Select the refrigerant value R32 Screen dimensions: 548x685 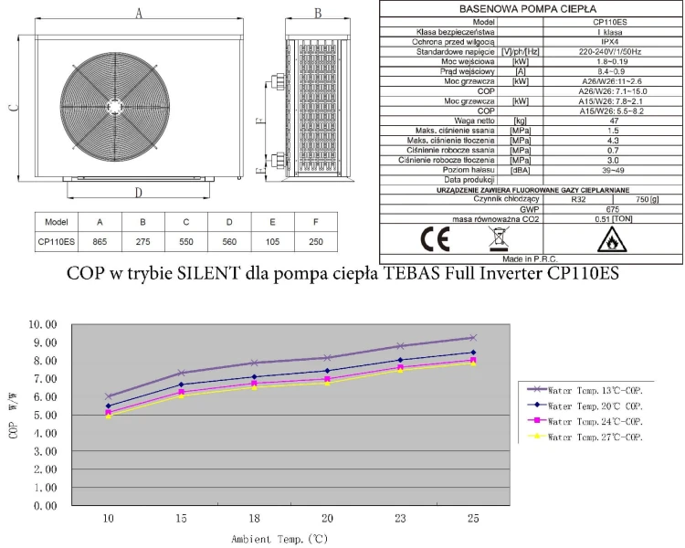coord(577,198)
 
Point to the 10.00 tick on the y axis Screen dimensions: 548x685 coord(44,324)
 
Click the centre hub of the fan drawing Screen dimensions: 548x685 coord(112,100)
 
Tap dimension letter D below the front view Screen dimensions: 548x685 coord(137,193)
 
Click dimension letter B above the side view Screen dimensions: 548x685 coord(317,12)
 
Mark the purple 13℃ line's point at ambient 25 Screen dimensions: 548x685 coord(473,338)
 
